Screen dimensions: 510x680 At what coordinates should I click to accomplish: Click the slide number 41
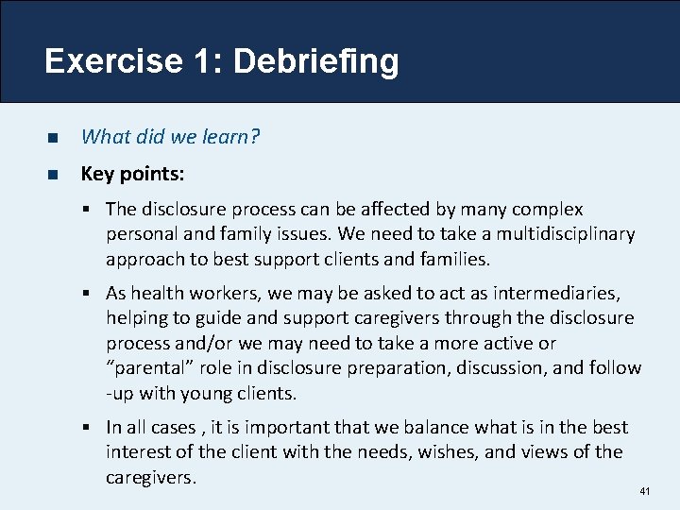(645, 492)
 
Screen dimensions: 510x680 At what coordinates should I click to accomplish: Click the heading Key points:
(132, 174)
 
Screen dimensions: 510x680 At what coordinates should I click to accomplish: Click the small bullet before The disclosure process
(92, 210)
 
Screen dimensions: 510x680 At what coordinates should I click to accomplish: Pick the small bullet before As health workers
(92, 294)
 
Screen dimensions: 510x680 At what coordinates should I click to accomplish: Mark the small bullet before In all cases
(92, 428)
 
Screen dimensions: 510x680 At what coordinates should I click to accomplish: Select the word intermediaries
(565, 293)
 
